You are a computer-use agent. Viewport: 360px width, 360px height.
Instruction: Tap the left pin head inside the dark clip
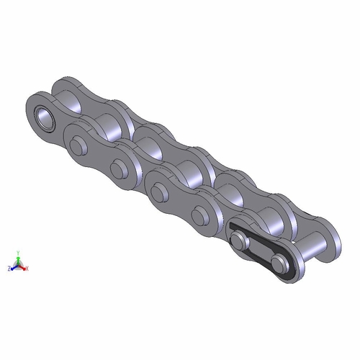pos(240,240)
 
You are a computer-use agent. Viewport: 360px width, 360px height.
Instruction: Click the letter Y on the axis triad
pos(19,253)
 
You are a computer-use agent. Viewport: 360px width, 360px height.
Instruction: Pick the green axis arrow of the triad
pos(19,259)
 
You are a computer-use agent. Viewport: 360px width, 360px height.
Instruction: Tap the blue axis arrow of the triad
pos(13,266)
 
